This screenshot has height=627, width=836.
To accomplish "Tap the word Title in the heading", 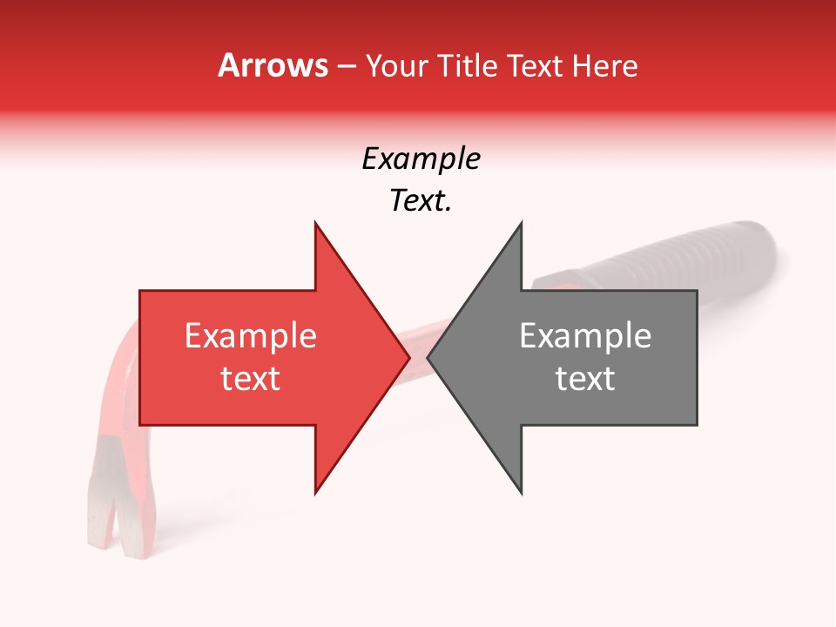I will (467, 65).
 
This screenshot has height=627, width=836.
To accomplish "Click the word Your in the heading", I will (395, 66).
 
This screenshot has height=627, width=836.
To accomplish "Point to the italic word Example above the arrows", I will (421, 159).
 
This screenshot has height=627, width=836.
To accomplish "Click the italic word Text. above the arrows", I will (421, 201).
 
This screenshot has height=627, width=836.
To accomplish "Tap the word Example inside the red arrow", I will (250, 336).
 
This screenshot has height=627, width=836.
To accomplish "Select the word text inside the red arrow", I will (250, 379).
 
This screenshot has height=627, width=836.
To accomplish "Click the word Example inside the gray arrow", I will (585, 336).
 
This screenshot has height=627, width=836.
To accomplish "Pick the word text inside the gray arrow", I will (585, 379).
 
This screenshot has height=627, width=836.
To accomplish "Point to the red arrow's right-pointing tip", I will (408, 357).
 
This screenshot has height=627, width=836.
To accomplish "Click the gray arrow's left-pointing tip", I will (428, 357).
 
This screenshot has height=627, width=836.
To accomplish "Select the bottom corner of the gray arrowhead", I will (521, 493).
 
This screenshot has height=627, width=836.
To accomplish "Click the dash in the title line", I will (347, 67).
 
